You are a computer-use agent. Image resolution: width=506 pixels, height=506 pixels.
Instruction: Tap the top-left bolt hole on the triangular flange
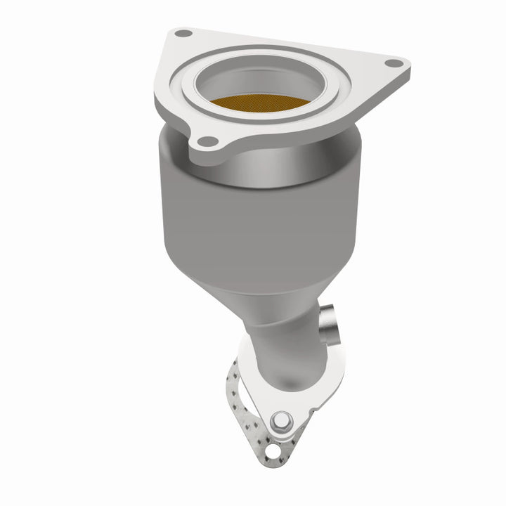183,33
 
